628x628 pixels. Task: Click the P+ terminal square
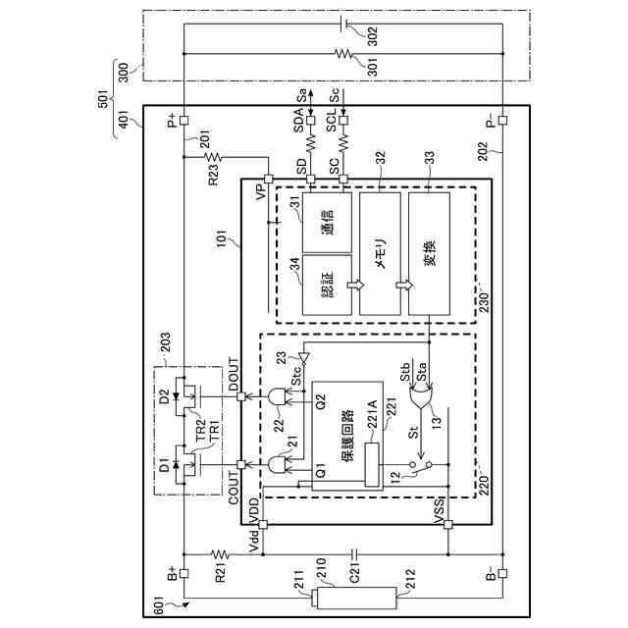tap(183, 120)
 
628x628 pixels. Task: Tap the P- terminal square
tap(502, 120)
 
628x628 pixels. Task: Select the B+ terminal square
tap(183, 573)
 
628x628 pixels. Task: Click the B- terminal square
tap(502, 573)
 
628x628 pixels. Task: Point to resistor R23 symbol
tap(213, 157)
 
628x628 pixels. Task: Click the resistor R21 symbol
tap(220, 554)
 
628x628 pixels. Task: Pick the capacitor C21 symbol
tap(354, 554)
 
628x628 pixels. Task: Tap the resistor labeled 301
tap(343, 54)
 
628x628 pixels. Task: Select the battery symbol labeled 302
tap(344, 24)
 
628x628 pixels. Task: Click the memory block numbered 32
tap(380, 253)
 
